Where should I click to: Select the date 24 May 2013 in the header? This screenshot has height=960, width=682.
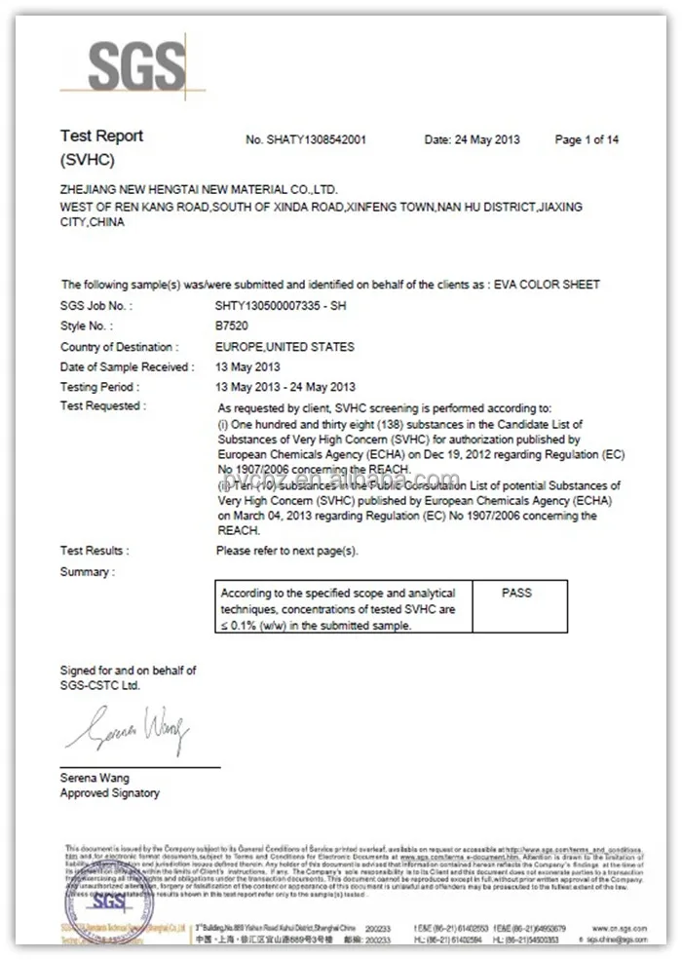(473, 140)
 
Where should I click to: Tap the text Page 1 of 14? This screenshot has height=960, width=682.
(587, 140)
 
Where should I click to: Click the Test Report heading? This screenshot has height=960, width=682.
(101, 136)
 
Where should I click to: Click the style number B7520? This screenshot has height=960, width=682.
(232, 326)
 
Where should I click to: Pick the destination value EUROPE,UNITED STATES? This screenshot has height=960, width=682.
(284, 347)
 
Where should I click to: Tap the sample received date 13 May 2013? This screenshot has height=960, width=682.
(247, 367)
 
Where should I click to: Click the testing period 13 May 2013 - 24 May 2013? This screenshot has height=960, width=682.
(284, 387)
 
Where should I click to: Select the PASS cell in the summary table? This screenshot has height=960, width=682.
(516, 593)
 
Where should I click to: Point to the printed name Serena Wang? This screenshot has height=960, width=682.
(95, 779)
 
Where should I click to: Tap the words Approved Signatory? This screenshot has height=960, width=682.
(109, 793)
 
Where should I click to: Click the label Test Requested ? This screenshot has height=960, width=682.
(102, 406)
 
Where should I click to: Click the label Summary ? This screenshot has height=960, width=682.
(87, 572)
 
